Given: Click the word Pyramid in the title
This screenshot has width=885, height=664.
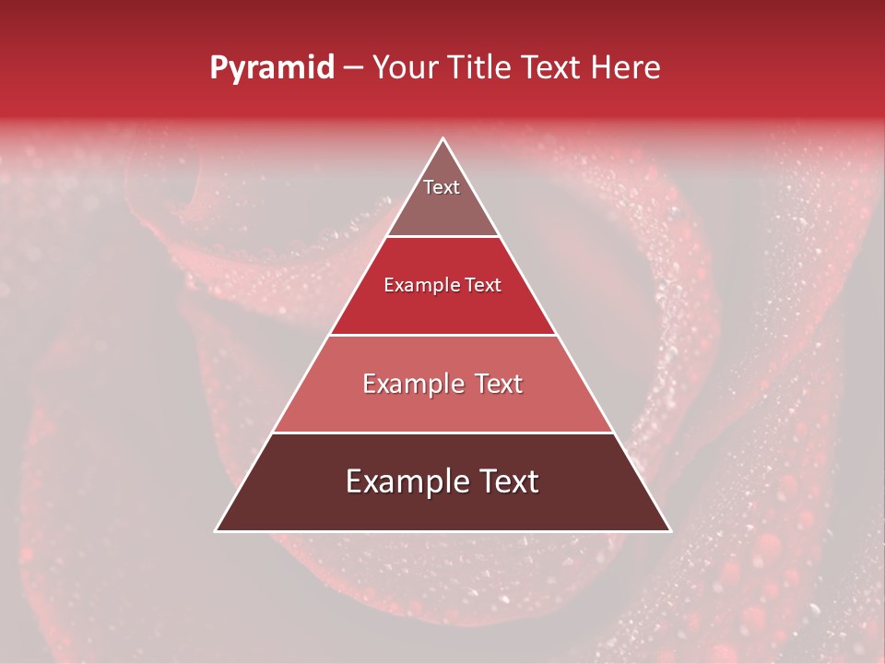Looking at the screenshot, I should pos(271,68).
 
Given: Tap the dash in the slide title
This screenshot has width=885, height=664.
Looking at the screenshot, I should pos(353,68).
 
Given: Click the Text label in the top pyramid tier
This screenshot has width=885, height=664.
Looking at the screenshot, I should pos(442,187).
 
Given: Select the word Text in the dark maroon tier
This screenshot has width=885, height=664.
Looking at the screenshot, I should pos(507,481).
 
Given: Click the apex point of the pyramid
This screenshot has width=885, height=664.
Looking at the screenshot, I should pos(443,139).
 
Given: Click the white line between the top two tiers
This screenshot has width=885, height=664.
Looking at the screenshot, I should pos(443,236).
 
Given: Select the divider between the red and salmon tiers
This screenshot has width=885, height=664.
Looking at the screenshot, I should pos(443,335).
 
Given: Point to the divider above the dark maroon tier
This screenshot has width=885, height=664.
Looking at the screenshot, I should pos(443,433).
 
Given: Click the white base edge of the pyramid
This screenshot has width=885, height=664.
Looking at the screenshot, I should pos(443,531).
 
